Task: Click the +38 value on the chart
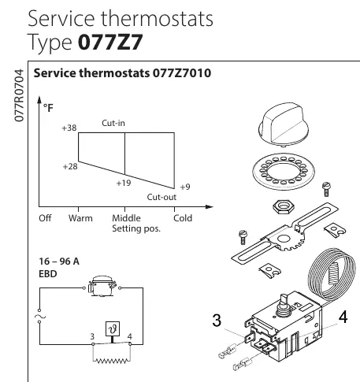coord(69,128)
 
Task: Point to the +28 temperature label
coord(70,166)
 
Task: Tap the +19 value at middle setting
coord(124,183)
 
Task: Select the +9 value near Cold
coord(185,187)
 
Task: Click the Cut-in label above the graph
coord(113,123)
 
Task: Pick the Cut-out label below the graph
coord(161,197)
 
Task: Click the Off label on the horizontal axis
coord(45,218)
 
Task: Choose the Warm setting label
coord(80,218)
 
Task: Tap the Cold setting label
coord(183,218)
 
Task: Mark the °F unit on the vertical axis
coord(48,108)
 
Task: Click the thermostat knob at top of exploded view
coord(284,124)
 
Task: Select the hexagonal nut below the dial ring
coord(283,206)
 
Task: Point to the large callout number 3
coord(217,321)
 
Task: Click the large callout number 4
coord(343,317)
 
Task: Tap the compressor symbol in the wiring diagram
coord(102,286)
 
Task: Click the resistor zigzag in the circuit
coord(112,362)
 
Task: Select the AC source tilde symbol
coord(40,316)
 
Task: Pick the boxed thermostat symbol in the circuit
coord(113,328)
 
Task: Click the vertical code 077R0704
coord(19,95)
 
